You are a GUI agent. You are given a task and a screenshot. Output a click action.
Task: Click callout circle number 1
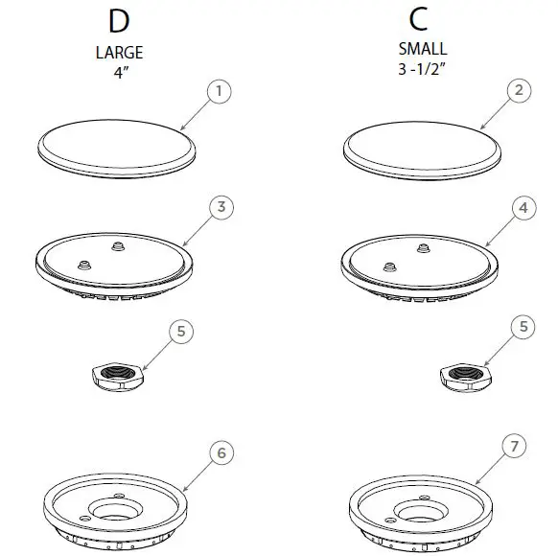pos(220,92)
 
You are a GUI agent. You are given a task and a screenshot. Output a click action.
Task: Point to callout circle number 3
pos(220,207)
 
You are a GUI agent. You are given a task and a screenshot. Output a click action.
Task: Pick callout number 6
pos(220,452)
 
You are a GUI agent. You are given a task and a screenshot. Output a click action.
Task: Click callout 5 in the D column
pos(182,332)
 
